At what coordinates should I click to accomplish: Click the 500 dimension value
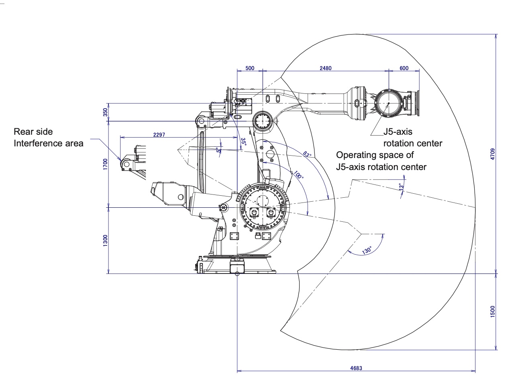click(250, 68)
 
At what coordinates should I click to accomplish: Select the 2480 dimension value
click(325, 68)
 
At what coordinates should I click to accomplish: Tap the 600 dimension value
click(404, 68)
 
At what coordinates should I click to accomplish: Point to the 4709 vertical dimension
click(493, 154)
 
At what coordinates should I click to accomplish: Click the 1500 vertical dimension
click(493, 312)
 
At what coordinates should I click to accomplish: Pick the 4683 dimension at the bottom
click(356, 368)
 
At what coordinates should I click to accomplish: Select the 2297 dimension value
click(159, 135)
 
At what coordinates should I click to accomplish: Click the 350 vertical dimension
click(105, 112)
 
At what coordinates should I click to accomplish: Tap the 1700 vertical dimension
click(105, 164)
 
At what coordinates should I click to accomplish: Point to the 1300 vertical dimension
click(105, 241)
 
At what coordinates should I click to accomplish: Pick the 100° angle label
click(298, 175)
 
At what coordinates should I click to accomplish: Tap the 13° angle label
click(400, 187)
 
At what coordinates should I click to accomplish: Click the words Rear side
click(33, 132)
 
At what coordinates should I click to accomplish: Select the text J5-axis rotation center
click(412, 138)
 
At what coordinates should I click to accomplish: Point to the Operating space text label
click(381, 161)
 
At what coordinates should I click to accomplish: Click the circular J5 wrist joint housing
click(388, 103)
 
